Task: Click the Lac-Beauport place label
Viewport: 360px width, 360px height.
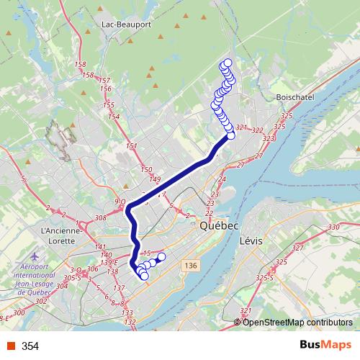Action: [127, 24]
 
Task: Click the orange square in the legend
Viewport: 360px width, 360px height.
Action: [10, 346]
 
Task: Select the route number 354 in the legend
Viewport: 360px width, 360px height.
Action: [31, 346]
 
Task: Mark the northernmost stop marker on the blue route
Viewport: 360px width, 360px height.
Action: [228, 62]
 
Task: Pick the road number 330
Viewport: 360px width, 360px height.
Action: [333, 228]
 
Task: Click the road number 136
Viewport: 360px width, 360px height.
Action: [189, 266]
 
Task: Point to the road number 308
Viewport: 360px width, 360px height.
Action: [100, 216]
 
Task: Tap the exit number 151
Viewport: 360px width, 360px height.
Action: [131, 146]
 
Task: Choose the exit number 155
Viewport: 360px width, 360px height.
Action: [112, 105]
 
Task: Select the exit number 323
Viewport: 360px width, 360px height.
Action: [269, 138]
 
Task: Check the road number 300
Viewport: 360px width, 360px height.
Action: [19, 313]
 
